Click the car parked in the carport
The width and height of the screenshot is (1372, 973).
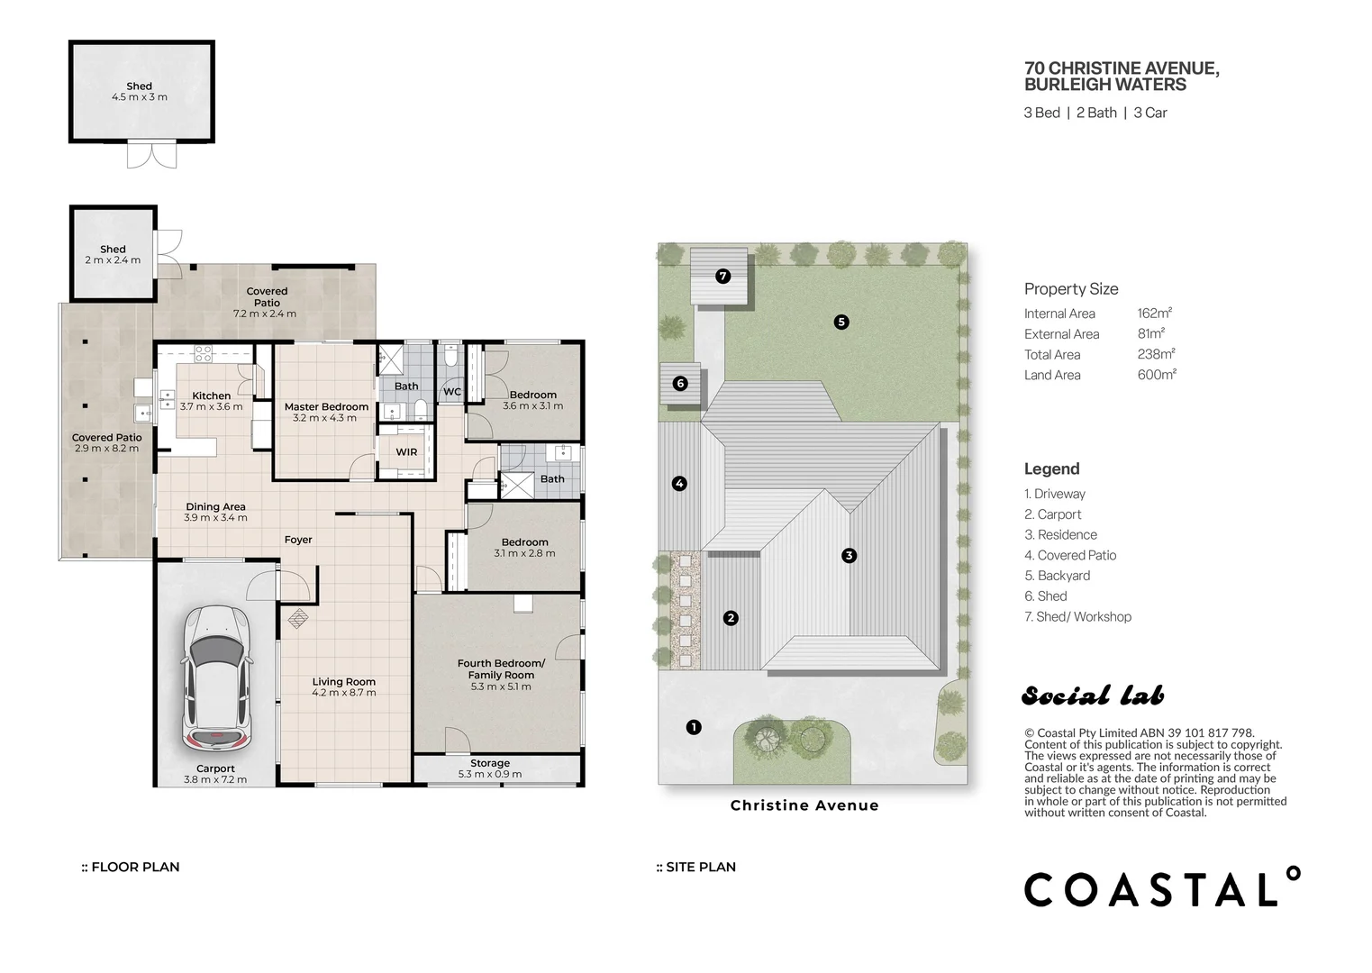pos(216,679)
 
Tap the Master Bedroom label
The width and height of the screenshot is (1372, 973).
pos(326,407)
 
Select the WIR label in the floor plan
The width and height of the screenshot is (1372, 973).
pos(406,452)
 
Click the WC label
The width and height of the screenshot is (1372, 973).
pos(452,392)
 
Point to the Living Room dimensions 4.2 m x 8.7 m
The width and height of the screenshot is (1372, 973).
pos(343,693)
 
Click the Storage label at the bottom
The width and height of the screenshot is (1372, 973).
pos(490,763)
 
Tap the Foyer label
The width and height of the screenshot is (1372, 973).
pos(298,540)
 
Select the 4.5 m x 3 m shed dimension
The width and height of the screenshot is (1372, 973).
pos(139,96)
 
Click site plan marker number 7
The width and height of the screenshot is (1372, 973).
pos(722,277)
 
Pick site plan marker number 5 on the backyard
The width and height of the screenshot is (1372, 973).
pos(841,322)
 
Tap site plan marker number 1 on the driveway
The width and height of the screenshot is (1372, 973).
pos(694,727)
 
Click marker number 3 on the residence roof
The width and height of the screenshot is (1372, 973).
pos(849,556)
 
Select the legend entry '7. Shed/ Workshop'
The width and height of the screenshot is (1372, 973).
pos(1078,617)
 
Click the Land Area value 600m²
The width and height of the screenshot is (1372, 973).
pos(1157,375)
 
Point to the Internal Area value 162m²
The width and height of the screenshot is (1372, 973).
pos(1155,314)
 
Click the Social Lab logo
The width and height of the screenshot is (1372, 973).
pos(1094,696)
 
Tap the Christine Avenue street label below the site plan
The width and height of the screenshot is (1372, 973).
pos(804,805)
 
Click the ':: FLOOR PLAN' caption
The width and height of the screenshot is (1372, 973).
pos(131,867)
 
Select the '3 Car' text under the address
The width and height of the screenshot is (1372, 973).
pos(1150,113)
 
